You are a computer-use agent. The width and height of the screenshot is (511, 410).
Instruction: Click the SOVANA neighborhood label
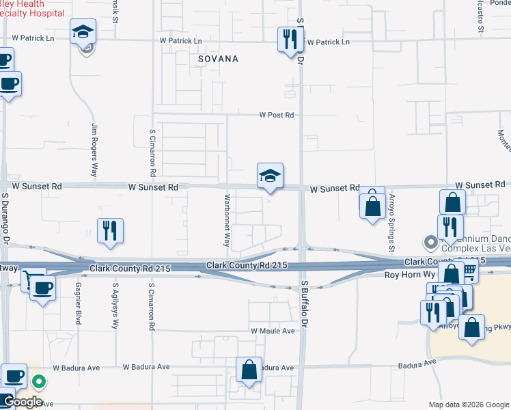(x=218, y=59)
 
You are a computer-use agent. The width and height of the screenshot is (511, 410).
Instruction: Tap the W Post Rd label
(x=276, y=115)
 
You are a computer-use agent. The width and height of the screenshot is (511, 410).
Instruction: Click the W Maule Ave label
(x=272, y=331)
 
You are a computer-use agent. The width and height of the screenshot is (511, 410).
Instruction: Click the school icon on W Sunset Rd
(x=270, y=177)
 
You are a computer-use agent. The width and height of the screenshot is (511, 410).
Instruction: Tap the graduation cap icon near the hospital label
(x=83, y=31)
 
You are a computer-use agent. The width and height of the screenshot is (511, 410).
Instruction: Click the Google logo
(x=22, y=402)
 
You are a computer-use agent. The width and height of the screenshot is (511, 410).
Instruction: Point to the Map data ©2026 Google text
(x=468, y=405)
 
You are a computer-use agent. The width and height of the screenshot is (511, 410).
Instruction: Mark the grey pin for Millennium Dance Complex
(x=430, y=242)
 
